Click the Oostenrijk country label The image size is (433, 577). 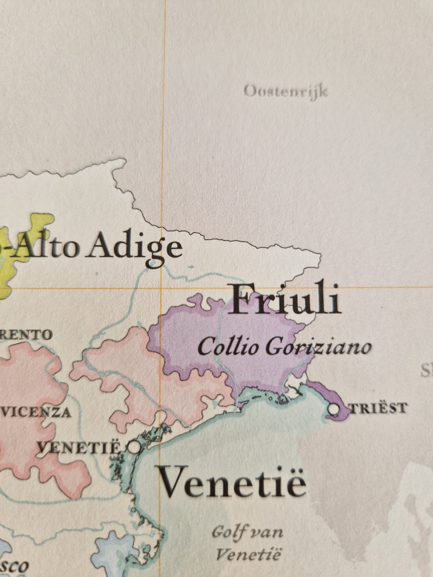click(286, 92)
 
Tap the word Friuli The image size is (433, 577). click(285, 299)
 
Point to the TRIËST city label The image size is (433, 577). click(377, 408)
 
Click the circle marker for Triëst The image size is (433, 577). click(334, 409)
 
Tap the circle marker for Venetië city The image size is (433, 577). click(134, 448)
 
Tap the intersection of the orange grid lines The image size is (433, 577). click(161, 288)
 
